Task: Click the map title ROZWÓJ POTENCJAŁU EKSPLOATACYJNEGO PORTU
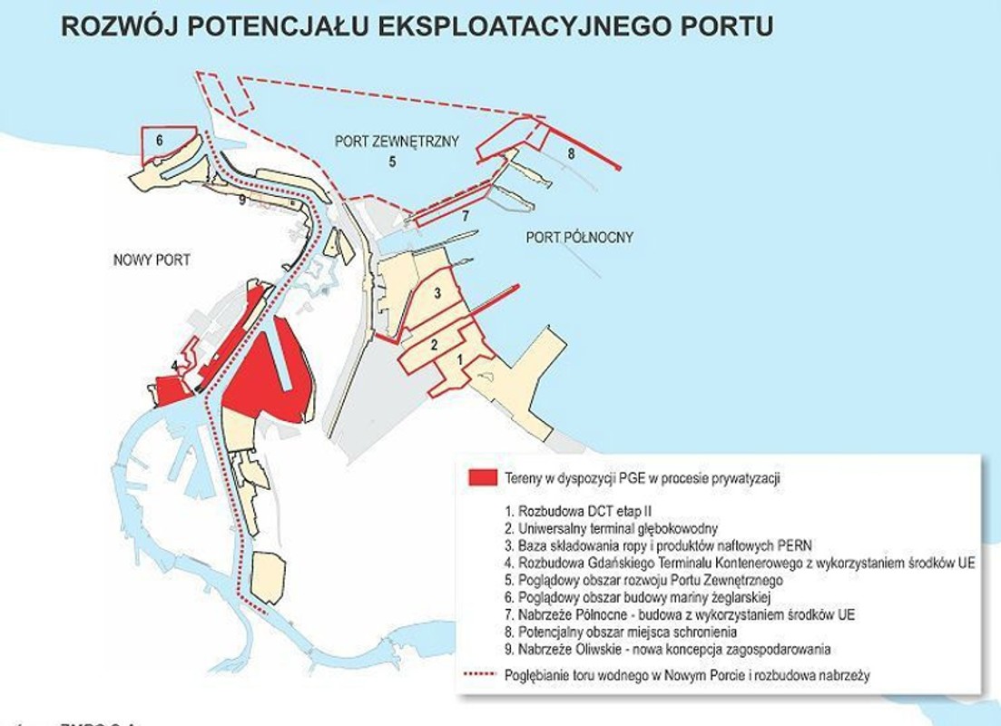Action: [417, 25]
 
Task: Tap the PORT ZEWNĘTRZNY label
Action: [397, 142]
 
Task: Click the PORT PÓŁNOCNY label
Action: [579, 238]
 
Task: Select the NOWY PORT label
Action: [152, 260]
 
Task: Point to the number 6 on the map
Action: [159, 141]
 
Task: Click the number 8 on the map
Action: [570, 154]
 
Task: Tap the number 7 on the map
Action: [465, 216]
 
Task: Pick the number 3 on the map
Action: [437, 293]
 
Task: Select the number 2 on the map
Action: [435, 344]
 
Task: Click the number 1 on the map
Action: [460, 359]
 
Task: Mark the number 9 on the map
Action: [242, 200]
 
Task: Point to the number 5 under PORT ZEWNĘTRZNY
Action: [392, 162]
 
